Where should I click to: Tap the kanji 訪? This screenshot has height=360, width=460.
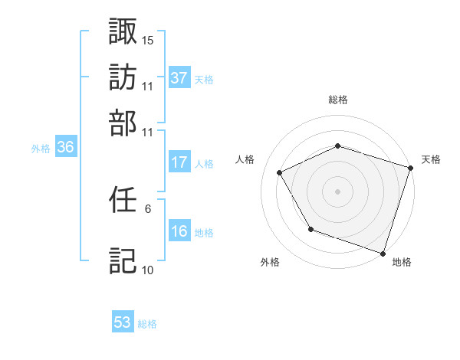pos(123,77)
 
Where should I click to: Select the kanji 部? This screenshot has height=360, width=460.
pos(123,123)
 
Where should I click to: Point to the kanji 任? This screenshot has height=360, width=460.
pos(123,200)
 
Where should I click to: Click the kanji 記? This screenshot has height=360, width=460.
pos(123,260)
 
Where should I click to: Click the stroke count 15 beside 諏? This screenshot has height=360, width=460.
pos(148,40)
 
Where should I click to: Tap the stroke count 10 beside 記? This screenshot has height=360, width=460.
pos(148,270)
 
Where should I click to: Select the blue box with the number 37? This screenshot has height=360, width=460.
pos(179,77)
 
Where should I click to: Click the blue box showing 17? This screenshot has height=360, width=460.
pos(179,162)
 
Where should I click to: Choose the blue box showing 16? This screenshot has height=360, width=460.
pos(179,231)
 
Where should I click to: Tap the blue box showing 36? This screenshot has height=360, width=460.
pos(65,148)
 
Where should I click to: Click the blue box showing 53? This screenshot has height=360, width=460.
pos(123,322)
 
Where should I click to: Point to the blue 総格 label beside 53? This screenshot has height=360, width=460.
pos(147,324)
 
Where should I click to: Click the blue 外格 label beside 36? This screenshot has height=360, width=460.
pos(41,149)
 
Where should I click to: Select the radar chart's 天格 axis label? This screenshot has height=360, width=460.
pos(431,159)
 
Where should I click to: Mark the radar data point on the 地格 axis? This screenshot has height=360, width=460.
pos(383,253)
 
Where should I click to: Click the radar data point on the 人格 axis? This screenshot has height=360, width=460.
pos(279,172)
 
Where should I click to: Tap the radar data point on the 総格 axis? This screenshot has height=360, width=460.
pos(337,146)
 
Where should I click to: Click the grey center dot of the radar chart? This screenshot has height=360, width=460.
pos(337,191)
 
